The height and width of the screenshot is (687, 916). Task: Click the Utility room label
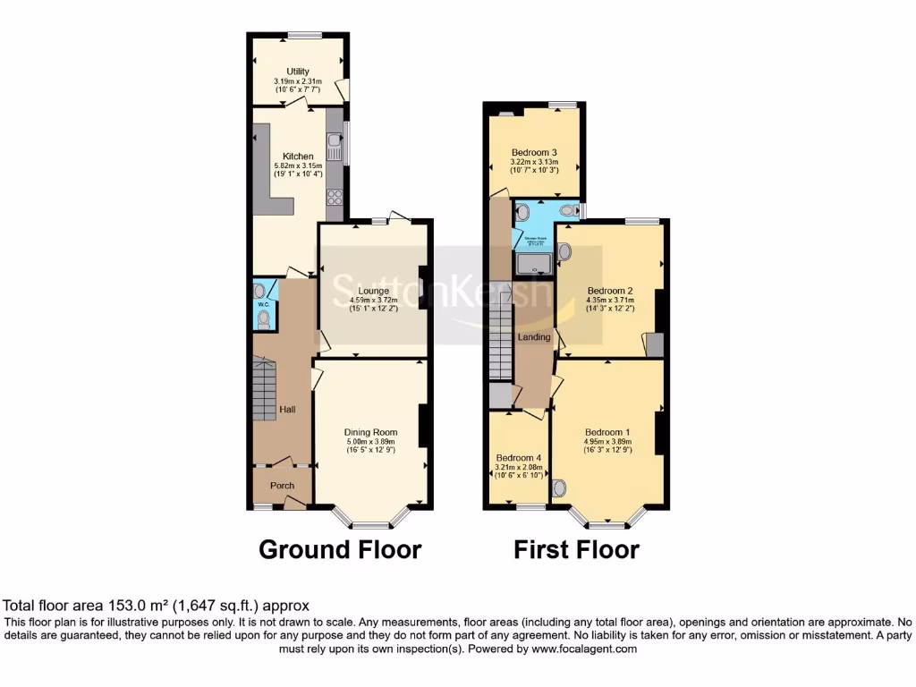click(x=298, y=71)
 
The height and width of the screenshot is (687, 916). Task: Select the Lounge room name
click(x=374, y=291)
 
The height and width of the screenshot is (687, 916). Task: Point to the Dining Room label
click(x=371, y=432)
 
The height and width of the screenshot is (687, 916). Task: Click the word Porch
click(x=283, y=486)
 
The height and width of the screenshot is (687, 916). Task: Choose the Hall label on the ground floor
click(x=288, y=410)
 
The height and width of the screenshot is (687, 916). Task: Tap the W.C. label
click(x=264, y=305)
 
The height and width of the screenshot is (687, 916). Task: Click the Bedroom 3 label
click(x=533, y=151)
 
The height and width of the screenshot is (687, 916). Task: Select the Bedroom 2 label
click(x=610, y=290)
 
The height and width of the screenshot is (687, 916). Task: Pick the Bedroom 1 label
click(x=607, y=431)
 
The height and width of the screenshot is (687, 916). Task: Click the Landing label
click(x=534, y=337)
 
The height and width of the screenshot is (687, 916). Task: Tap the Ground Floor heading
click(x=340, y=548)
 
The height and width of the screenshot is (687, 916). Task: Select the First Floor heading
click(x=576, y=548)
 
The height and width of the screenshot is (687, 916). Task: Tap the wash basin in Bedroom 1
click(x=559, y=488)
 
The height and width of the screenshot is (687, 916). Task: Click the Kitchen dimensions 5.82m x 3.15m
click(x=298, y=166)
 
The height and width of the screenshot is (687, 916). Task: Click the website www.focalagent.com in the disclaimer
click(x=585, y=649)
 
